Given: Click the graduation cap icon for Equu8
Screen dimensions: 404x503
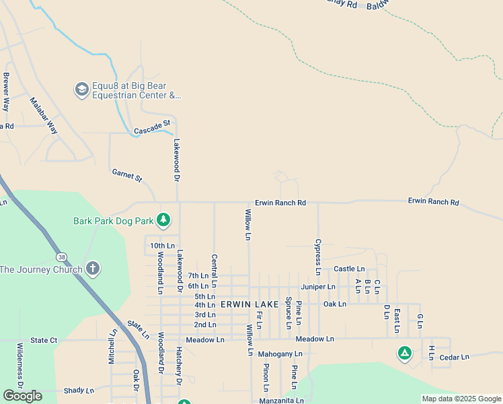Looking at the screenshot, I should tap(81, 90).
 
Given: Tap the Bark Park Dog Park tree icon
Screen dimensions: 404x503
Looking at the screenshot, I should tap(163, 220).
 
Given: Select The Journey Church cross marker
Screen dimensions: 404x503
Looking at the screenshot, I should tap(93, 269).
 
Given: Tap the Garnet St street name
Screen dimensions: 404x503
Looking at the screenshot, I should tap(127, 176).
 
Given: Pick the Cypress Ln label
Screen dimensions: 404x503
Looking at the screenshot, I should tap(318, 257).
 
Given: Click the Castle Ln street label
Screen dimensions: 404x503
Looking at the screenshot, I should tap(349, 269).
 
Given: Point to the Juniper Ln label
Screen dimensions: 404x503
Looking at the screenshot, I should tap(318, 287).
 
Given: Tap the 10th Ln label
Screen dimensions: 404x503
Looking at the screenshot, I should tap(162, 246).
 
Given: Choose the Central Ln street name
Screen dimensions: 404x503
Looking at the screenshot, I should tap(214, 267).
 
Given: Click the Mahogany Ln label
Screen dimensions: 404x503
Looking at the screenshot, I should tap(280, 353).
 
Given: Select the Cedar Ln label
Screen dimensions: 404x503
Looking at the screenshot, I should tap(454, 358).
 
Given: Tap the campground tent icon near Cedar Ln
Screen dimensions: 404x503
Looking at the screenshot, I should tap(404, 353).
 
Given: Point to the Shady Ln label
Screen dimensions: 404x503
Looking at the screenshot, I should tap(79, 391).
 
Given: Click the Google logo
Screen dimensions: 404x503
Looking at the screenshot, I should tap(22, 396).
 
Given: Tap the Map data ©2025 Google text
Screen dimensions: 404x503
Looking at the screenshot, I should tap(461, 399).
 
